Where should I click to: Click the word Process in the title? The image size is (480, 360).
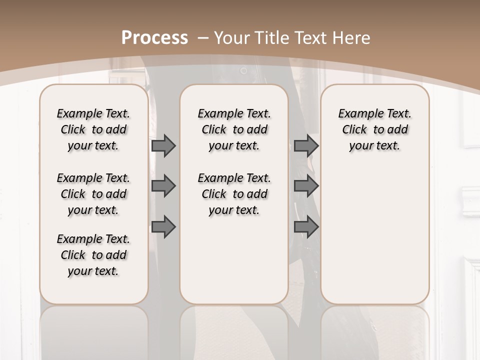click(155, 38)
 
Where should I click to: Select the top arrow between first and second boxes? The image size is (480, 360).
click(163, 145)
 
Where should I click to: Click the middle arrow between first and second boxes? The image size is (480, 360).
click(163, 186)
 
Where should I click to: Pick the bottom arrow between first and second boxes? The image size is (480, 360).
click(163, 227)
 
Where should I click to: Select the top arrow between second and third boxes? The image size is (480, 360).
click(306, 145)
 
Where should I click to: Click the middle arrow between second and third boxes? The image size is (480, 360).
click(306, 186)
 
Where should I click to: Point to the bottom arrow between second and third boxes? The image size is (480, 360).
click(306, 227)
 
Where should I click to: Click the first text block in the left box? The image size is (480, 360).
click(93, 129)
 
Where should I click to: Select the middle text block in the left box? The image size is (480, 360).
click(93, 194)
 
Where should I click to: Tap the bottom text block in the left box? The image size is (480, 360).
click(93, 255)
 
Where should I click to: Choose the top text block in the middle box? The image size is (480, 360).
click(234, 129)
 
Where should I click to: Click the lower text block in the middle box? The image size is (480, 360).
click(234, 194)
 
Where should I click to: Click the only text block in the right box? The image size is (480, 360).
click(375, 129)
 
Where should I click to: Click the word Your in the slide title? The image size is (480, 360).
click(233, 38)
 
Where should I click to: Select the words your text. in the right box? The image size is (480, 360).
click(375, 146)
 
